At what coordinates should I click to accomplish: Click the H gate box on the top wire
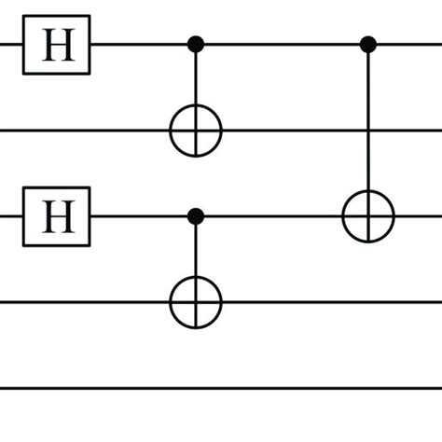coord(56,44)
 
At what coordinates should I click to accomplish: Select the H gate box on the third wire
coord(56,216)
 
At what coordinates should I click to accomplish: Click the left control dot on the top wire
coord(196,44)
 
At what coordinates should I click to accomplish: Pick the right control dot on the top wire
coord(368,44)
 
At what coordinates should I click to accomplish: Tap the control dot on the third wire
coord(196,216)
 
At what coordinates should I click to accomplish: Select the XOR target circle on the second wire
coord(196,130)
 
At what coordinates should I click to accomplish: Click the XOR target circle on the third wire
coord(368,216)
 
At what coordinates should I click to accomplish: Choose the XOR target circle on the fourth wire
coord(196,302)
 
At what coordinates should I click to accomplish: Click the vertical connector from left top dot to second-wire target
coord(196,79)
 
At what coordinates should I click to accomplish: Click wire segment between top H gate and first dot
coord(140,44)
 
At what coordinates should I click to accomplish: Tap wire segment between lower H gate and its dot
coord(140,216)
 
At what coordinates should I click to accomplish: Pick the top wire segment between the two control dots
coord(280,44)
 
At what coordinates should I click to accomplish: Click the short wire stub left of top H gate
coord(10,44)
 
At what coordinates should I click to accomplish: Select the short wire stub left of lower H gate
coord(10,216)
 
